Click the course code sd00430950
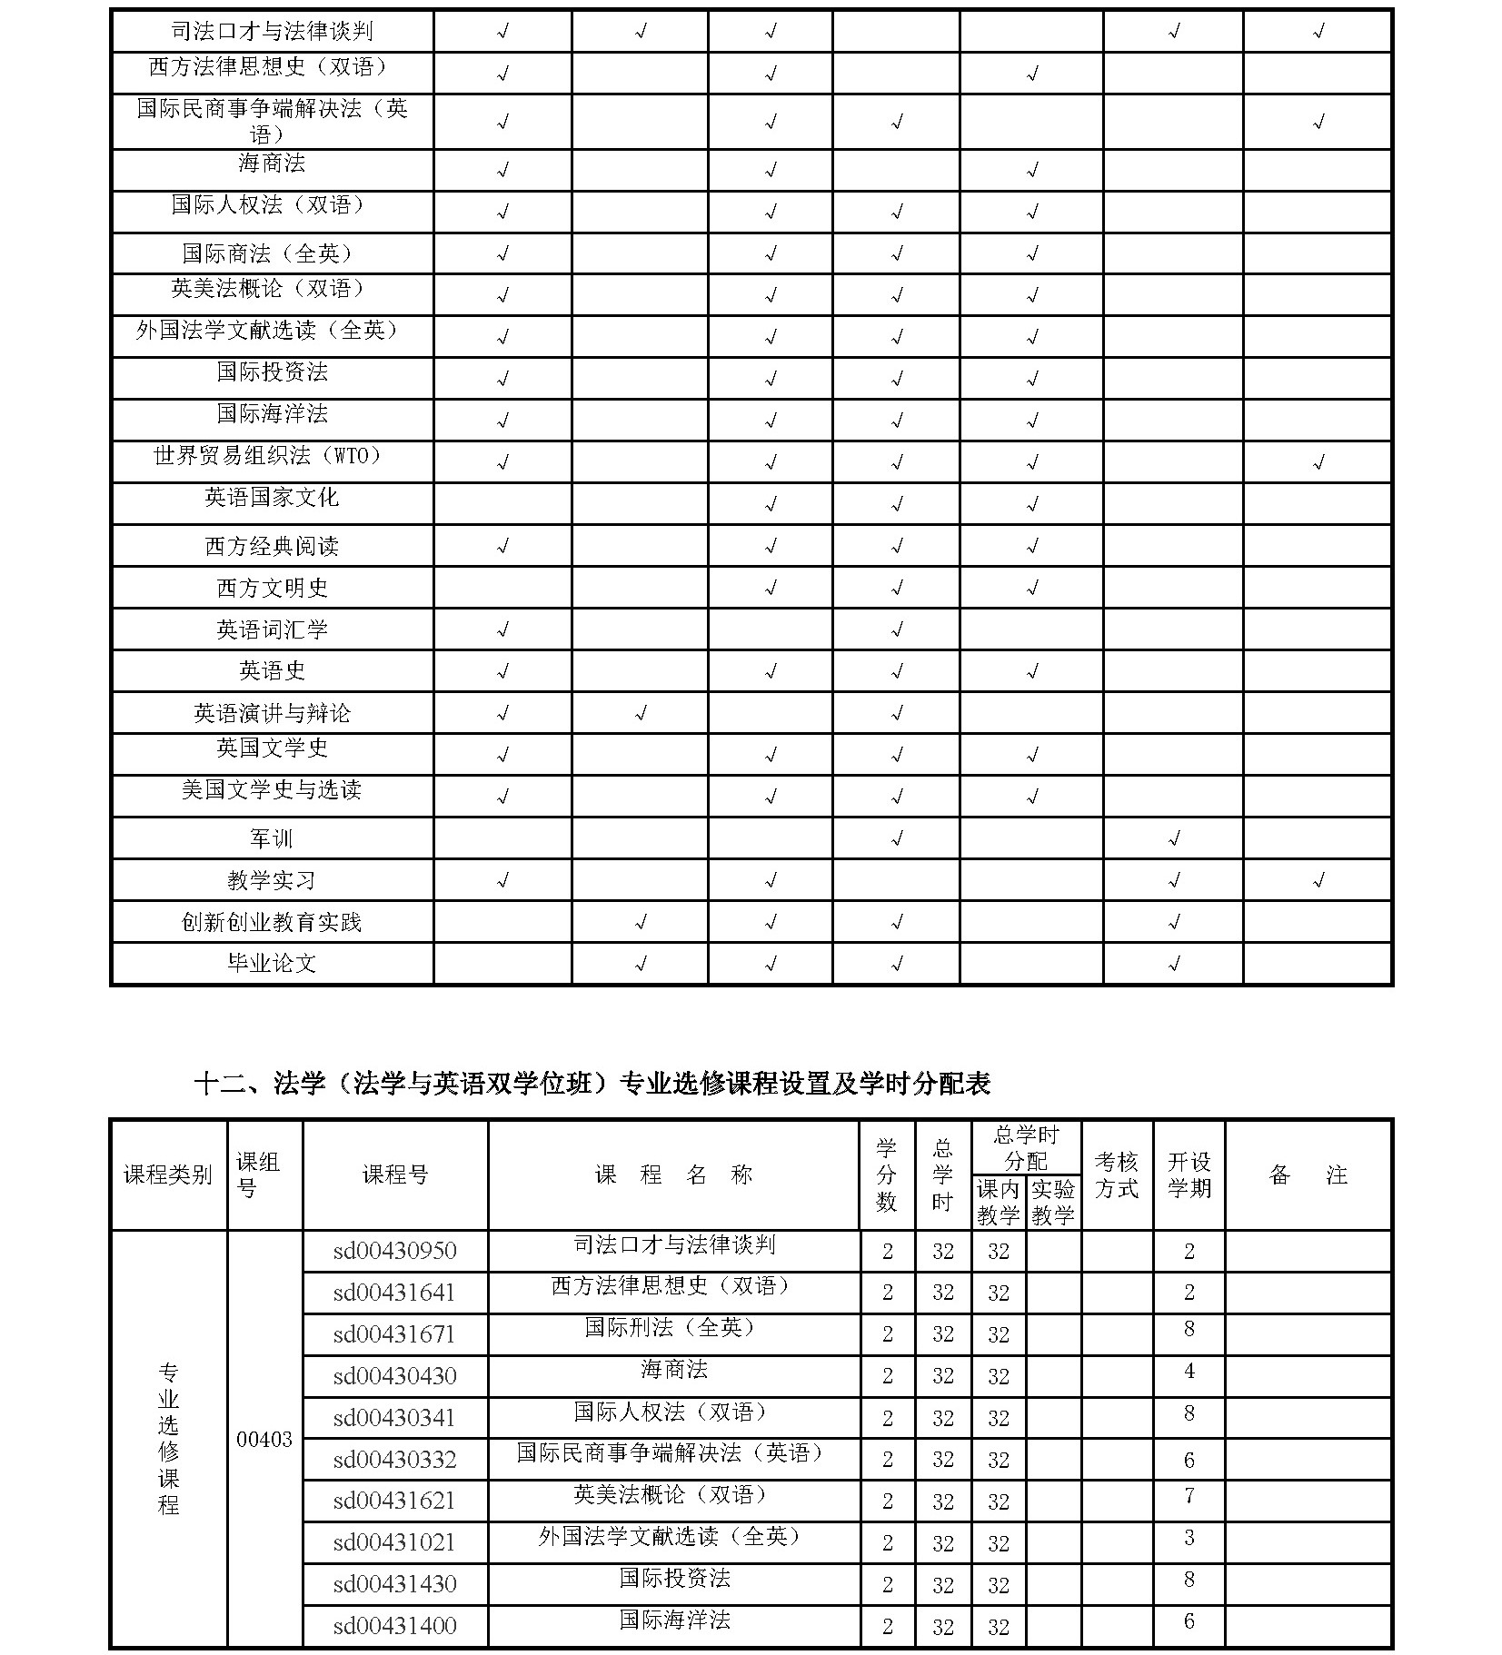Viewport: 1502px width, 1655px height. click(394, 1251)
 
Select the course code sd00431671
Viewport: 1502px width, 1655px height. click(394, 1334)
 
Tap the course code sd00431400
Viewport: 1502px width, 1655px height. click(394, 1626)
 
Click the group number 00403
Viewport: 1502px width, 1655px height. click(264, 1439)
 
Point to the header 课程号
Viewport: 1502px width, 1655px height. click(395, 1174)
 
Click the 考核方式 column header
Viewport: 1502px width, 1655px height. click(1117, 1174)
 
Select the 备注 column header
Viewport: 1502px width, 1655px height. click(1308, 1174)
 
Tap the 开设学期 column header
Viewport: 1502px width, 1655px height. click(1189, 1174)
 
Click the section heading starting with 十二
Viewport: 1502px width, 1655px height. click(592, 1083)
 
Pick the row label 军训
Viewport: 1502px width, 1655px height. click(272, 837)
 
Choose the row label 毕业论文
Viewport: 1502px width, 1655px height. click(272, 963)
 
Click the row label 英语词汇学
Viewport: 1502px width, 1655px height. click(272, 629)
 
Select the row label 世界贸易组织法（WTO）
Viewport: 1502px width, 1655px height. click(272, 455)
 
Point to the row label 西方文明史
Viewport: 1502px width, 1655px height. click(272, 587)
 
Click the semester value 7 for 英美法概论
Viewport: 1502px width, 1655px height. click(1189, 1495)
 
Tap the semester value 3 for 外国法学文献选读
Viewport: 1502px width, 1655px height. click(1189, 1537)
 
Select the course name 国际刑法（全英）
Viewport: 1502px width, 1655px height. click(672, 1327)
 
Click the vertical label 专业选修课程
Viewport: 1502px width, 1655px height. click(168, 1439)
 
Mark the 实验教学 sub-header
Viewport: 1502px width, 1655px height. click(1053, 1202)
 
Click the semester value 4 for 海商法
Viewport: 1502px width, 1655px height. click(1189, 1371)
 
